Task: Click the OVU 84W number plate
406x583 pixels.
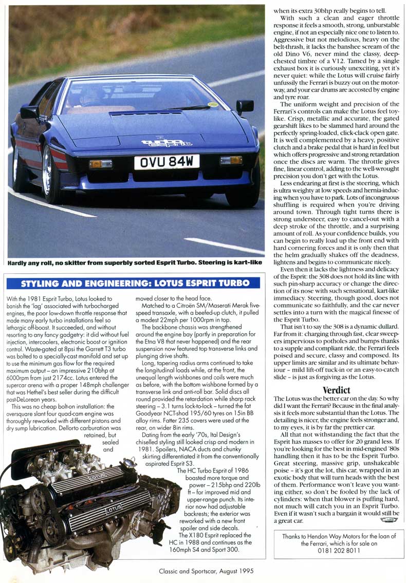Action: (x=167, y=162)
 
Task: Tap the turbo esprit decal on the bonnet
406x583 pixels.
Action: (x=167, y=143)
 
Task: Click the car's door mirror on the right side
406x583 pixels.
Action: (x=245, y=106)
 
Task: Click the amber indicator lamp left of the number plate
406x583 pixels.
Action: (x=101, y=164)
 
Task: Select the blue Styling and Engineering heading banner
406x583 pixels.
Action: (x=135, y=284)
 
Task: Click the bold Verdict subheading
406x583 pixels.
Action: (x=336, y=390)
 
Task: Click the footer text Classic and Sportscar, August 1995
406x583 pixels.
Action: (x=206, y=570)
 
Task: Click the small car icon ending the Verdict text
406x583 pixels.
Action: (x=389, y=520)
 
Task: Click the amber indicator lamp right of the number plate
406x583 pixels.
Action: (x=231, y=160)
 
